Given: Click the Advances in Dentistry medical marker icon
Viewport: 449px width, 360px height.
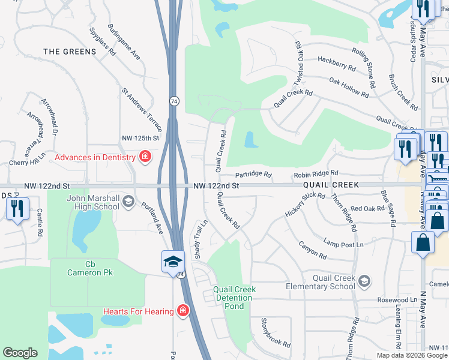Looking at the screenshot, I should (x=145, y=158).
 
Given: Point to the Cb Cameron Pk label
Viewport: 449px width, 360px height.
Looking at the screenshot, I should (x=91, y=268).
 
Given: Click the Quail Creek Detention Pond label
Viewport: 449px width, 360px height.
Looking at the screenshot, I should (x=234, y=298).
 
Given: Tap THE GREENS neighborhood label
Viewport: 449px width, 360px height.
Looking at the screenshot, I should (x=70, y=52).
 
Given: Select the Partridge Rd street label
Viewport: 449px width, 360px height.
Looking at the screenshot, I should (x=253, y=175).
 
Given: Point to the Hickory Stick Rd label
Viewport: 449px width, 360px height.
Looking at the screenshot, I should (x=305, y=205).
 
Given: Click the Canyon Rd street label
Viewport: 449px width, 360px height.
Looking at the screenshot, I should (x=313, y=251).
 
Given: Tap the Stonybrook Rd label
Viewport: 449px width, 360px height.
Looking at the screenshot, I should (x=276, y=333).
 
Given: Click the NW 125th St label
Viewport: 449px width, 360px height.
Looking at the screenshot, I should (x=140, y=138).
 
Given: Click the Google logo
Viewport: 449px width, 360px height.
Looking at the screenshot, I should (x=20, y=353).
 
